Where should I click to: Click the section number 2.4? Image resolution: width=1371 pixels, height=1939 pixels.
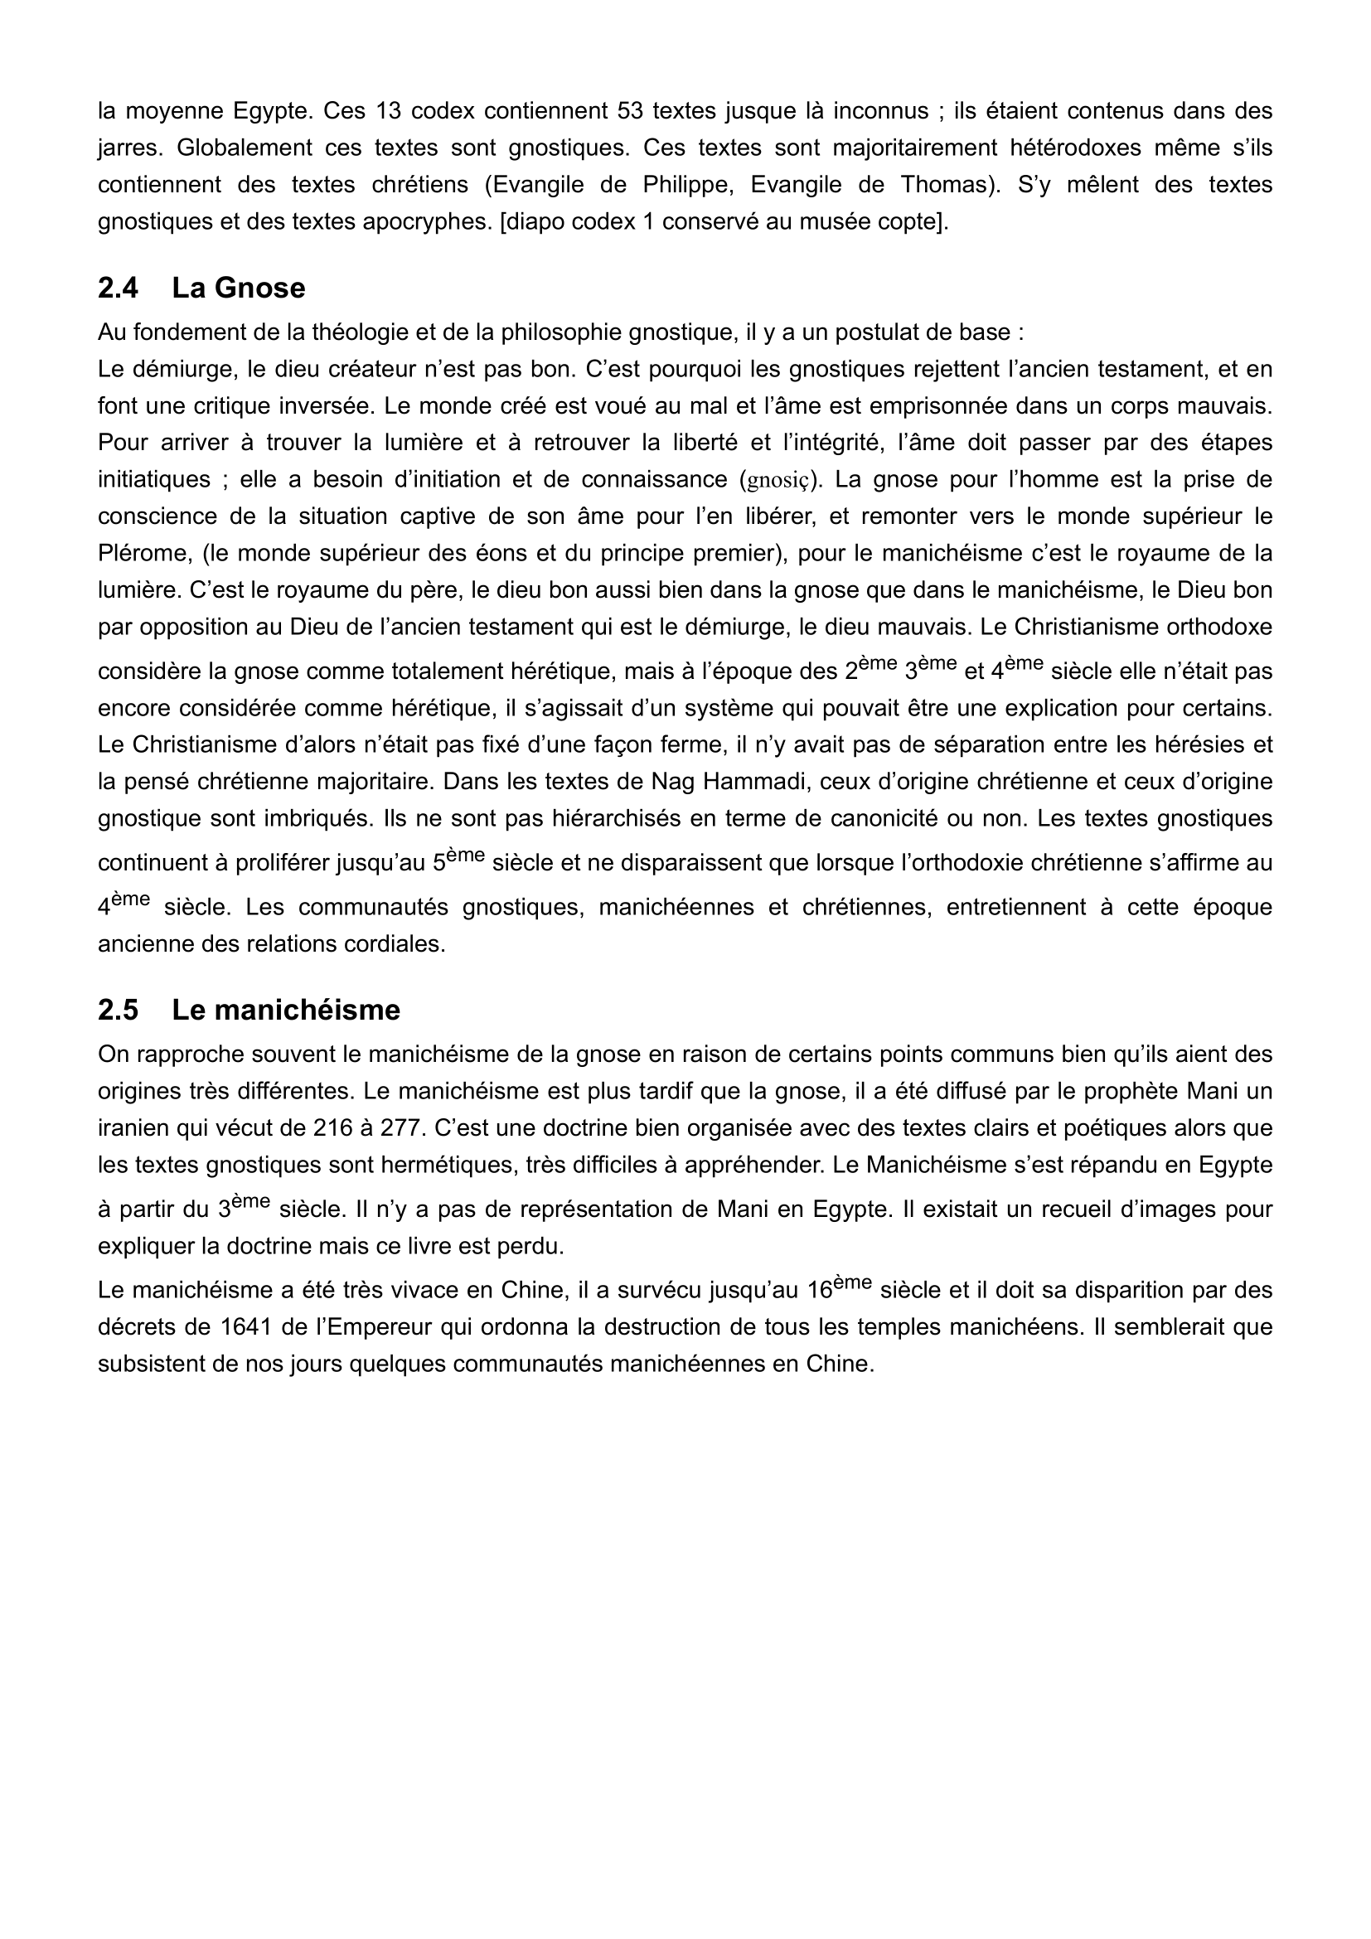[118, 288]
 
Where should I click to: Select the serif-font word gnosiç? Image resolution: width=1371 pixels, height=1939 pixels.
[777, 481]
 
